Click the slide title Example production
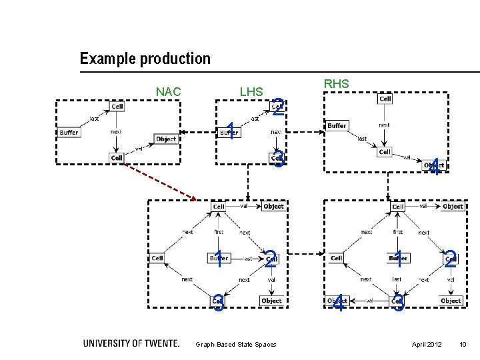click(x=145, y=59)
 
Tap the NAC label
click(x=168, y=91)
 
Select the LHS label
click(x=251, y=91)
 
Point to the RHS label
click(x=336, y=84)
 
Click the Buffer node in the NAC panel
click(x=69, y=132)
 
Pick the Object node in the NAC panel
click(x=166, y=139)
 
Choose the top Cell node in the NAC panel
click(x=117, y=106)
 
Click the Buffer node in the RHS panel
click(x=337, y=125)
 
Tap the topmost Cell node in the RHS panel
click(x=385, y=99)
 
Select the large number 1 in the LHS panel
click(x=229, y=131)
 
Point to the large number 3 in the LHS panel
click(x=279, y=159)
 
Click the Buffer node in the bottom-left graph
click(x=219, y=258)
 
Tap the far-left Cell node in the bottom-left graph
click(x=157, y=258)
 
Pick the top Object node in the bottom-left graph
click(x=273, y=207)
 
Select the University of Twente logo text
click(x=131, y=343)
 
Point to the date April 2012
click(x=427, y=344)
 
